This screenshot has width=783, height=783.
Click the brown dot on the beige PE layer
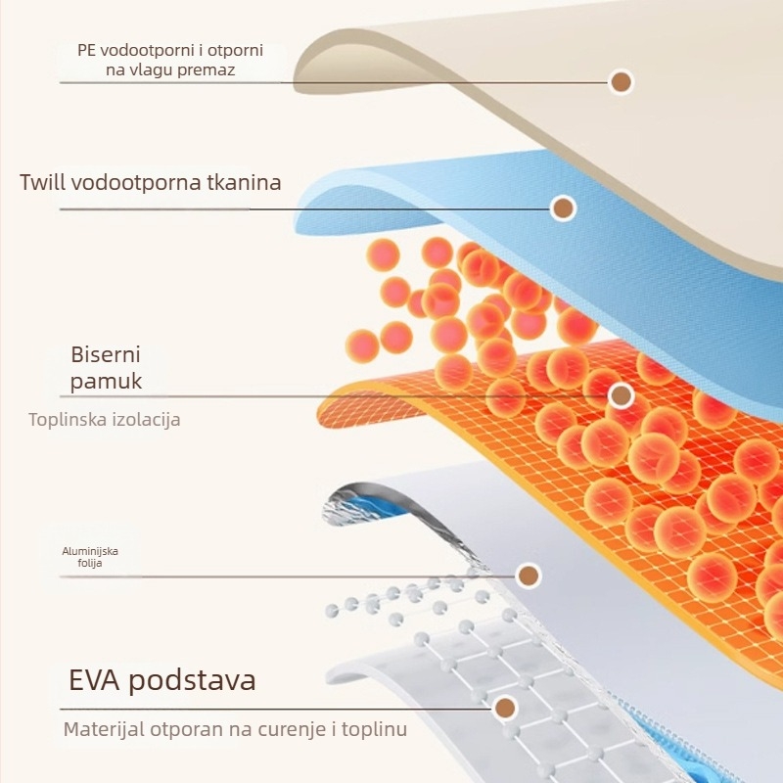coord(622,82)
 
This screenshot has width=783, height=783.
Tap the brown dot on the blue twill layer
coord(564,207)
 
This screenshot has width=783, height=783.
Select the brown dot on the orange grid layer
coord(622,396)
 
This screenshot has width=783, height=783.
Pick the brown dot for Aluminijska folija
coord(529,576)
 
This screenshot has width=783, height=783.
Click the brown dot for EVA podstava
coord(505,708)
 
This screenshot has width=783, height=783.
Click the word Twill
coord(42,182)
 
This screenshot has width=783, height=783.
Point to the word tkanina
coord(244,182)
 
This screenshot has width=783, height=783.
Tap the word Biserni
coord(106,354)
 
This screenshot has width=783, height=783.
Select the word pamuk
coord(106,382)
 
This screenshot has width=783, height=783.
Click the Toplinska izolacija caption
coord(105,420)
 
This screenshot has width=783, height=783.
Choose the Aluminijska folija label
coord(90,557)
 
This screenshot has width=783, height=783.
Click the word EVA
coord(94,680)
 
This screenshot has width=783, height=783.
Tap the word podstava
coord(192,680)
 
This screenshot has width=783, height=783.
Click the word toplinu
coord(375,729)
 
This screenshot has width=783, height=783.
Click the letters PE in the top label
coord(86,51)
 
